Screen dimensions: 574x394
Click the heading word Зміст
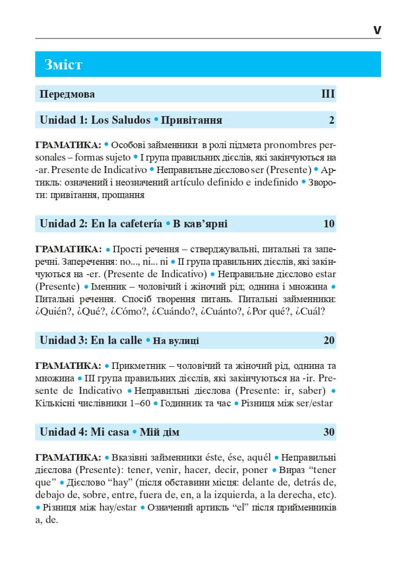click(63, 65)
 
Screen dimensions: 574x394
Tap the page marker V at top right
click(377, 30)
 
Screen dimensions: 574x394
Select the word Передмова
click(67, 94)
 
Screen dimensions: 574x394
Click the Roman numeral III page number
click(328, 94)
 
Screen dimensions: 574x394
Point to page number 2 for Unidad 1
click(332, 120)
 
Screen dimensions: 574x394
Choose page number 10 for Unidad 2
click(329, 224)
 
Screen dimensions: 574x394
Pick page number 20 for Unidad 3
click(329, 341)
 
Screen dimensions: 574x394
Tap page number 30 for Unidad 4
click(329, 432)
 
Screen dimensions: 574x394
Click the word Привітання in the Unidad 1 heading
click(192, 120)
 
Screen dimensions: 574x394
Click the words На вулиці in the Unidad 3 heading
click(176, 341)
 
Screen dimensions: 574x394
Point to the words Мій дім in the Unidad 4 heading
click(159, 433)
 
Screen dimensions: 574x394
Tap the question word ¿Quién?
click(53, 311)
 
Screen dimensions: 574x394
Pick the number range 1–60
click(135, 403)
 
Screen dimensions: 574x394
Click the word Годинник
click(182, 403)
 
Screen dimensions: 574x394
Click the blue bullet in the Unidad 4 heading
click(134, 432)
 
